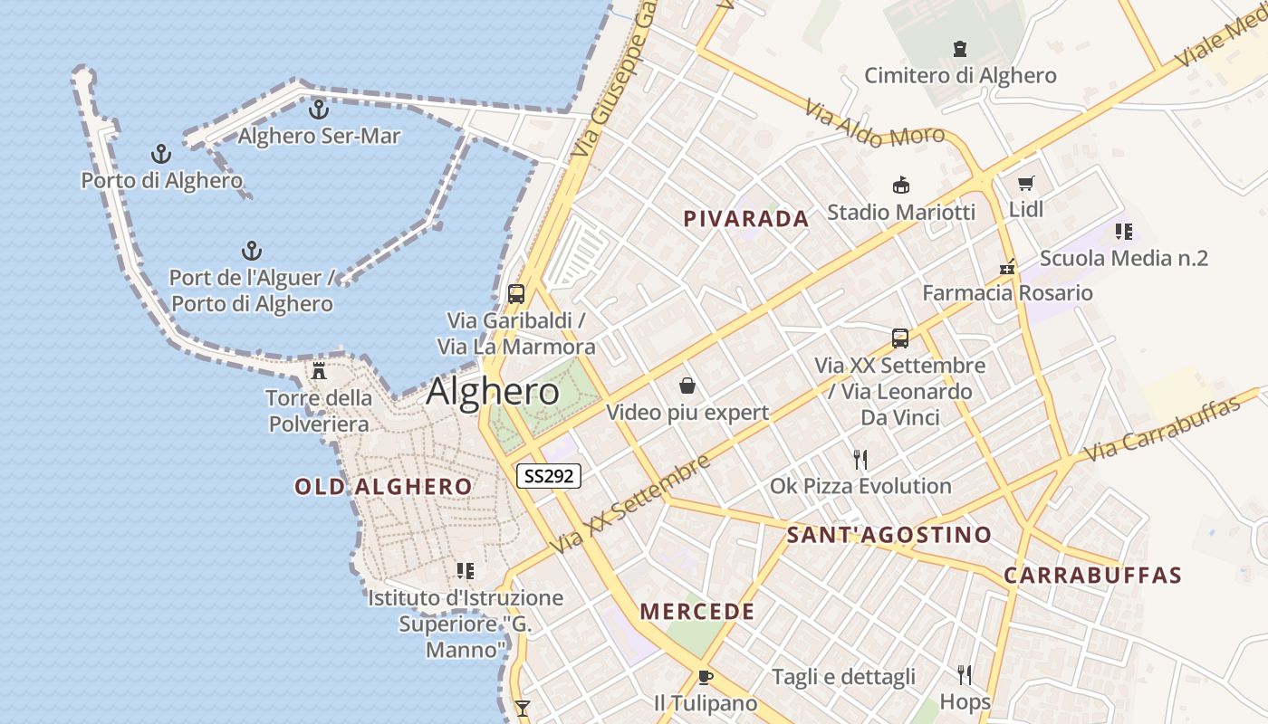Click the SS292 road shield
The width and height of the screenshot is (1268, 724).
pos(549,475)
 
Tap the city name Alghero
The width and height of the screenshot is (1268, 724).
pos(493,392)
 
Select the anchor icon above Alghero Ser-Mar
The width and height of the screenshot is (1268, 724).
pos(318,110)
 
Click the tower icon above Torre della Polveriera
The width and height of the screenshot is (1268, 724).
pos(319,370)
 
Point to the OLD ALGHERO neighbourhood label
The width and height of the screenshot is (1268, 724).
pos(383,487)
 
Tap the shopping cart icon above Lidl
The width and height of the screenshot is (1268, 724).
pos(1026,184)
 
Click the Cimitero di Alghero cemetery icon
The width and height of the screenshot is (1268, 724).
pos(960,49)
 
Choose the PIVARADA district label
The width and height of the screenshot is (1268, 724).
pos(746,219)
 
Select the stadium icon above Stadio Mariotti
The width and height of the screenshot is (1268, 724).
pos(901,186)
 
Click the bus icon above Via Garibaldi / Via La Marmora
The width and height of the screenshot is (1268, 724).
pos(516,293)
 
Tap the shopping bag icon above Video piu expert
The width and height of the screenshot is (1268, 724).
pos(687,386)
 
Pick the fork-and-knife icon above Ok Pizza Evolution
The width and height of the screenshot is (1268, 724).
pos(860,460)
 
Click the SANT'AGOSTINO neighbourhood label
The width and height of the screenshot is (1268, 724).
pos(889,535)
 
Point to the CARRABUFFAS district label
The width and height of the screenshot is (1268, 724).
pos(1092,576)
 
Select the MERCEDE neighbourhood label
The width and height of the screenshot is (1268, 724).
pos(697,612)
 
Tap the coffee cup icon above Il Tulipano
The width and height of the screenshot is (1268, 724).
pos(706,677)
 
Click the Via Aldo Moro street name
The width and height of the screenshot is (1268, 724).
pos(874,125)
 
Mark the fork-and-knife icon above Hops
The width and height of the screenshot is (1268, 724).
pos(965,674)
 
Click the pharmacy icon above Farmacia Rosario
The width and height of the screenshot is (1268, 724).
pos(1007,266)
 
